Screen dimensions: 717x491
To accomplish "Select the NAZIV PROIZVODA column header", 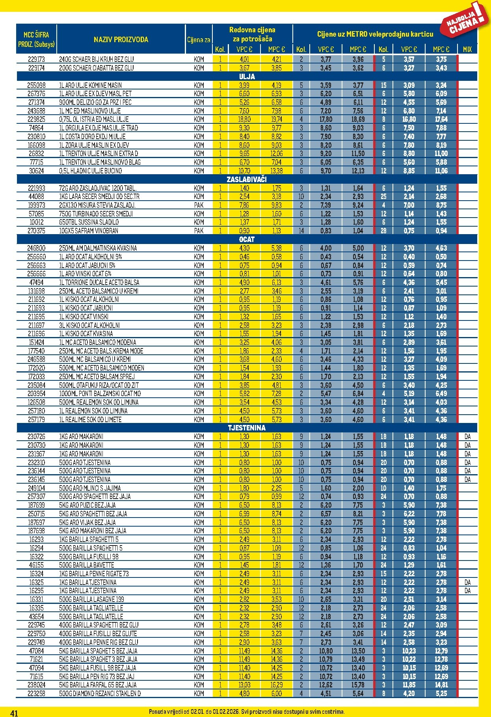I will pos(121,39).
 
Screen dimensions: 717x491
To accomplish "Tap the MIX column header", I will pos(467,49).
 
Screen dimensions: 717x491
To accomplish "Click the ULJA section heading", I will pos(247,76).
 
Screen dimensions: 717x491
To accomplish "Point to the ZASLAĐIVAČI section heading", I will pos(247,179).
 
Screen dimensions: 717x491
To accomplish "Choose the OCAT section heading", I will pos(247,239).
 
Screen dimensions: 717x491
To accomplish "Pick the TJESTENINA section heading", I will pos(247,428).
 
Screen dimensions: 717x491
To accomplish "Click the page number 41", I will pos(14,713).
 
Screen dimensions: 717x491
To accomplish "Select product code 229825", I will pos(36,119).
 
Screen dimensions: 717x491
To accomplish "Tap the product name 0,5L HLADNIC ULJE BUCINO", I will pos(90,171).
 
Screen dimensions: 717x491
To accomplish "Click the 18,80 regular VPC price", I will pos(244,119).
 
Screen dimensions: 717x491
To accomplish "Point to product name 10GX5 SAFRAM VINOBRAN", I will pos(88,231).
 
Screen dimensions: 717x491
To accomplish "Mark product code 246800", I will pos(36,248).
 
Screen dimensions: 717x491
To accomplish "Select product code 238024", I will pos(36,685).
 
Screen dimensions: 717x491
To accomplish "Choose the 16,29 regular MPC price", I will pos(276,685).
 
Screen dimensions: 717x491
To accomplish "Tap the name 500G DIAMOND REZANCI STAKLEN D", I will pos(100,693).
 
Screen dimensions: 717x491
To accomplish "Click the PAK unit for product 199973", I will pos(199,205).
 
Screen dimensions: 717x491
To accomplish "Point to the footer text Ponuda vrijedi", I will pos(247,712).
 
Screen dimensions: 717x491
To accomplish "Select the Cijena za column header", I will pos(199,40).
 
